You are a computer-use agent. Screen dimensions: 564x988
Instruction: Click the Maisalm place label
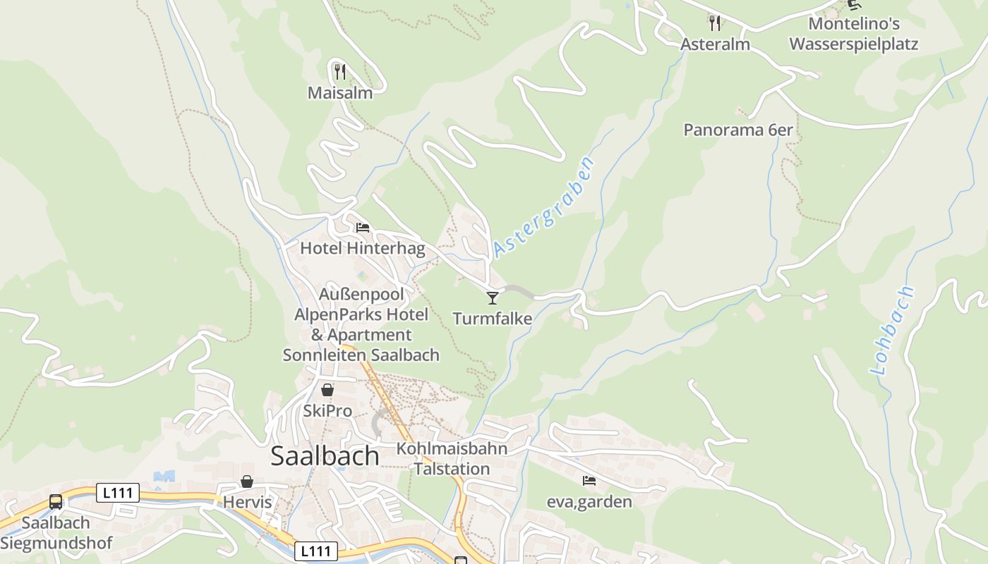click(339, 92)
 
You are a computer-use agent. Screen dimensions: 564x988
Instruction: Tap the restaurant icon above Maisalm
click(339, 71)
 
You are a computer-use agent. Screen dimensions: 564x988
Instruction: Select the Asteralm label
click(715, 44)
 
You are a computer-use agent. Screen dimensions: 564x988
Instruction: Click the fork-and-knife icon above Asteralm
click(715, 23)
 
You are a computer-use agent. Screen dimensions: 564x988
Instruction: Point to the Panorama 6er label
click(738, 130)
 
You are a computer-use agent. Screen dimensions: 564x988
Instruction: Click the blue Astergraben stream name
click(543, 207)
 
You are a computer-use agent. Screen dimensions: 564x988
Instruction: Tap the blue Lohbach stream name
click(893, 330)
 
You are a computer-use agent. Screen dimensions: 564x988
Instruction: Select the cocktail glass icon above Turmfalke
click(493, 298)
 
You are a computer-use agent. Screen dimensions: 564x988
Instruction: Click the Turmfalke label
click(493, 319)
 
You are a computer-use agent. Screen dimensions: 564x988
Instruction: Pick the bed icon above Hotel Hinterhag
click(363, 227)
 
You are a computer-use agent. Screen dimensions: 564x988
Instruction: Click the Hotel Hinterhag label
click(363, 248)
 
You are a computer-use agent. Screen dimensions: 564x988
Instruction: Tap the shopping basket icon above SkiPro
click(327, 389)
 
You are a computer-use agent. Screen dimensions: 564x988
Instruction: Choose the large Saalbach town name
click(325, 456)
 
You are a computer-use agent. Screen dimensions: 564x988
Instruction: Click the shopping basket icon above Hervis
click(247, 482)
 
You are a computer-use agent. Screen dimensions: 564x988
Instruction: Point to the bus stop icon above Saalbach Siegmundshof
click(56, 502)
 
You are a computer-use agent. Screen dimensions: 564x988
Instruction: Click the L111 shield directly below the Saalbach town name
click(315, 551)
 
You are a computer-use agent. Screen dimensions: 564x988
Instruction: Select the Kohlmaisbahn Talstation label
click(452, 459)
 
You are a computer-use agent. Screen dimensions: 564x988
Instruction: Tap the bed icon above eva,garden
click(589, 481)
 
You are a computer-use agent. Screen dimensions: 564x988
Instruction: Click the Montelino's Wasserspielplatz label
click(854, 34)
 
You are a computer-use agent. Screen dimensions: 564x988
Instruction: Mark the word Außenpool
click(361, 293)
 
